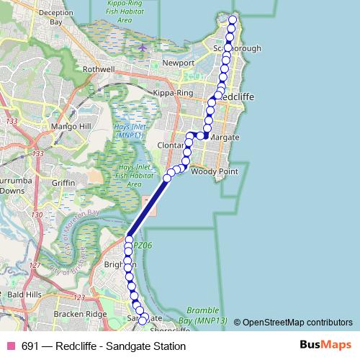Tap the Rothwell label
[x=99, y=69]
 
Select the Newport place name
[x=179, y=63]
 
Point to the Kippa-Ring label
[x=172, y=94]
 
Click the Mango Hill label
[x=69, y=126]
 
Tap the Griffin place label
[x=63, y=183]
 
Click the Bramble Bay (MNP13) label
[x=207, y=314]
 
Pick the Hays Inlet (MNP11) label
[x=130, y=130]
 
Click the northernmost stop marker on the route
[x=232, y=19]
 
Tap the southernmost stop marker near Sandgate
[x=143, y=320]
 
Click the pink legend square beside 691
[x=11, y=346]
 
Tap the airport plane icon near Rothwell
[x=143, y=48]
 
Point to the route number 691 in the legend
[x=30, y=346]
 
